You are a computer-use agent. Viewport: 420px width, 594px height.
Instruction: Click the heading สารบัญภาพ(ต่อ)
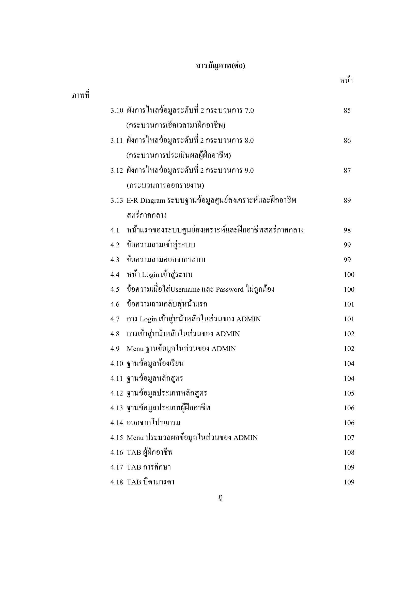[220, 66]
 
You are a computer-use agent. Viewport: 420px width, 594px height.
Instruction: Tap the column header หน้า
[346, 81]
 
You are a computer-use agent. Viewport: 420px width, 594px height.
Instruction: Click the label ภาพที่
[81, 96]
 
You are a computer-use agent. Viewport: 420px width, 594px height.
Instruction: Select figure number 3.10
[117, 111]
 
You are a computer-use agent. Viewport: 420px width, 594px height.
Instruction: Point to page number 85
[347, 111]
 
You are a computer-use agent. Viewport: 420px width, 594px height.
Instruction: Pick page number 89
[347, 200]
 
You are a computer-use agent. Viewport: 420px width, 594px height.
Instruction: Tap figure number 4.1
[115, 230]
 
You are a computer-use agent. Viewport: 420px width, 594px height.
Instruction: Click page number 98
[347, 230]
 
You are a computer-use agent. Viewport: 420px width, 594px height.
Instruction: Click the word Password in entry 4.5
[229, 289]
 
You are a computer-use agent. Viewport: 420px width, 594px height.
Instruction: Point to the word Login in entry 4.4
[150, 275]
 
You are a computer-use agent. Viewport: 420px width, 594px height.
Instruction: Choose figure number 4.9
[115, 349]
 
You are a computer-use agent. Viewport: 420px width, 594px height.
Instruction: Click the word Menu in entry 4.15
[135, 438]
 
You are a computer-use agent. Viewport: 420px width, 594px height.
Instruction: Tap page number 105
[349, 393]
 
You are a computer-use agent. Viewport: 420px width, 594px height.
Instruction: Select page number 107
[349, 438]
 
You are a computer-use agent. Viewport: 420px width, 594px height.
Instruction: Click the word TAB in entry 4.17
[134, 467]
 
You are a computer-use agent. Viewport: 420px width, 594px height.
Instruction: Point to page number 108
[349, 452]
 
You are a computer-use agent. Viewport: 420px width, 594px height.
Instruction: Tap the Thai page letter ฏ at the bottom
[220, 498]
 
